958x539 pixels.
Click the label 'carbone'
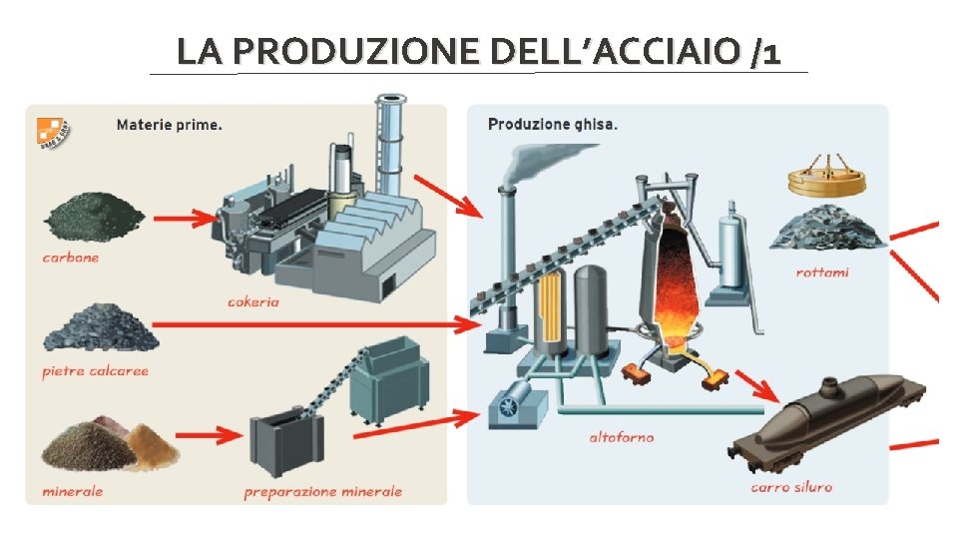[71, 258]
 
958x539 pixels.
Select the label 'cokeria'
[253, 301]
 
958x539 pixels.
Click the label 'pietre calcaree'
[95, 371]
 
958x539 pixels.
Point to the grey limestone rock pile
[100, 329]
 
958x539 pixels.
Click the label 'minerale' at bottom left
[72, 491]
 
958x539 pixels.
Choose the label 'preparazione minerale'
[322, 491]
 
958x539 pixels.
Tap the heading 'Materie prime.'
[170, 126]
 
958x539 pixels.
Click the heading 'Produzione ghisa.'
[552, 125]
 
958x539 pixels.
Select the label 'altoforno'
[621, 437]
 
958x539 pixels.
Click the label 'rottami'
[822, 271]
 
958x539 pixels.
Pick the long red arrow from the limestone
[319, 324]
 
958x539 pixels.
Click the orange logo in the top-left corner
[49, 133]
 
